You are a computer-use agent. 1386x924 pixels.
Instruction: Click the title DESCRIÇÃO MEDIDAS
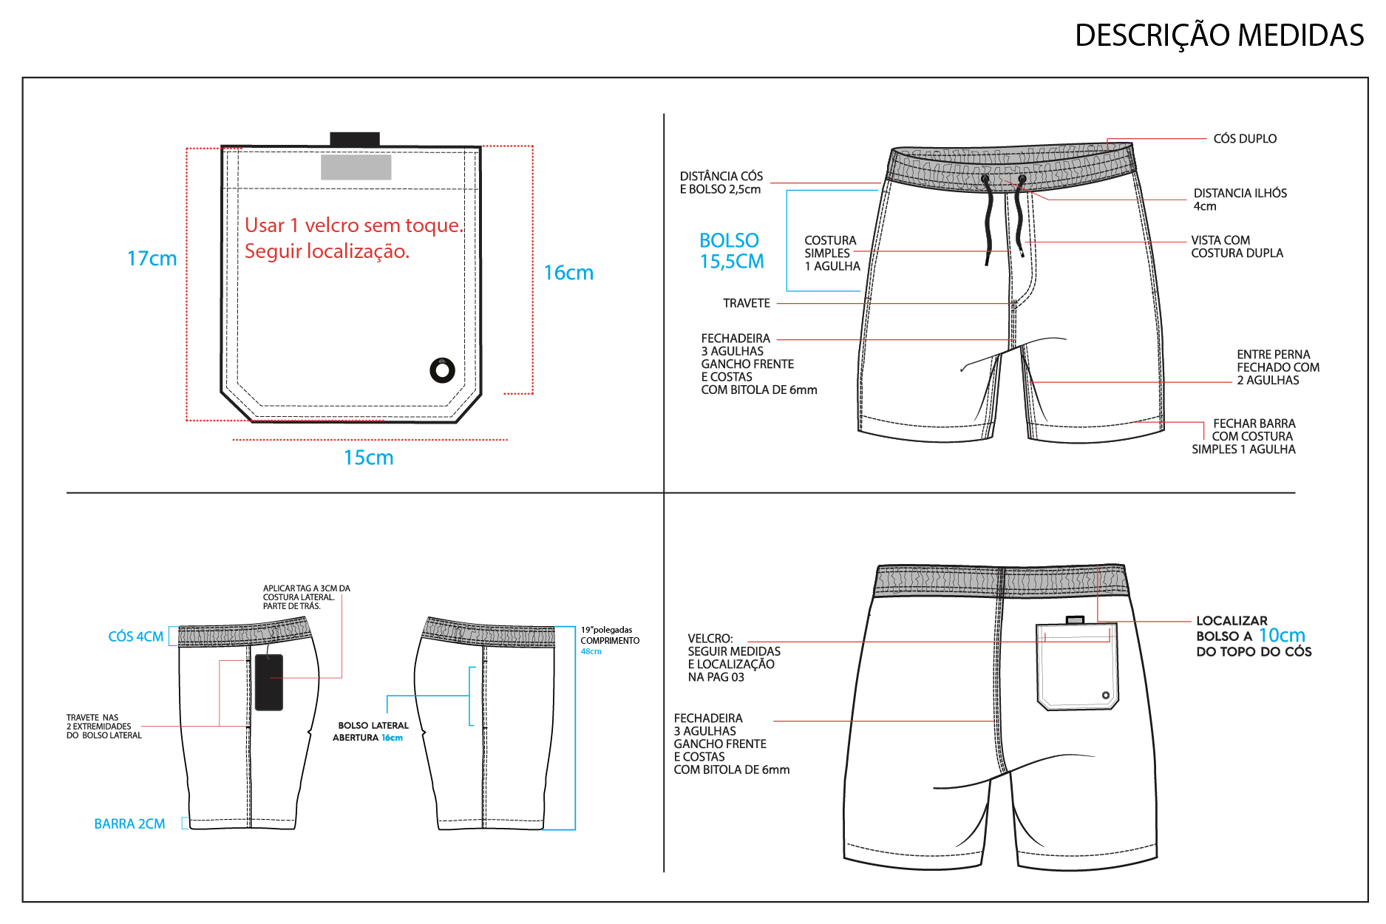[1219, 35]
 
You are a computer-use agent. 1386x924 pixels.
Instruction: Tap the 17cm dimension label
[152, 259]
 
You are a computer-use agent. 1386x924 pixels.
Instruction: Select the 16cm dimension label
[568, 273]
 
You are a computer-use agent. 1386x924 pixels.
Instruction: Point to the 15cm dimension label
[368, 458]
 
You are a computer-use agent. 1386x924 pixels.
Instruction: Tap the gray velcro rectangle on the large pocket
[356, 167]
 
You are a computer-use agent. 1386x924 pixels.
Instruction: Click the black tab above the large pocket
[355, 139]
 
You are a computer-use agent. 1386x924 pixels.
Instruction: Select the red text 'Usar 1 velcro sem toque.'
[354, 225]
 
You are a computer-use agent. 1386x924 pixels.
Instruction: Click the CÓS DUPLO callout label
[1245, 139]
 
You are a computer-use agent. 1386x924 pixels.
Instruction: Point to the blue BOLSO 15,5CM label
[732, 251]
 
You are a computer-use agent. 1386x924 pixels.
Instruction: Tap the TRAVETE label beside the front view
[747, 303]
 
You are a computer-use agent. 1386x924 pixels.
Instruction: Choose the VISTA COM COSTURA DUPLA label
[1237, 247]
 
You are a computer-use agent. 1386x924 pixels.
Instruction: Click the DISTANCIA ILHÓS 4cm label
[1240, 200]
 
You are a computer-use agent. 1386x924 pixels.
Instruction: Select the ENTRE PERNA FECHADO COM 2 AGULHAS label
[1278, 367]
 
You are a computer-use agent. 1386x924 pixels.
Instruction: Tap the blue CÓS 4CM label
[136, 636]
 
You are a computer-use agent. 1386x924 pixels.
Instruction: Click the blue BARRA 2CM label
[129, 823]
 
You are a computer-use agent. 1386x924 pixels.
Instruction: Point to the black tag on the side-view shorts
[268, 682]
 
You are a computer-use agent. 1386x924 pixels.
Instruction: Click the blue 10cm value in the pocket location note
[1282, 635]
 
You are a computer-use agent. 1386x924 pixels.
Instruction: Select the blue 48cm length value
[591, 651]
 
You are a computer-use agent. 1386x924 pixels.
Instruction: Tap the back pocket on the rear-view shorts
[1077, 666]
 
